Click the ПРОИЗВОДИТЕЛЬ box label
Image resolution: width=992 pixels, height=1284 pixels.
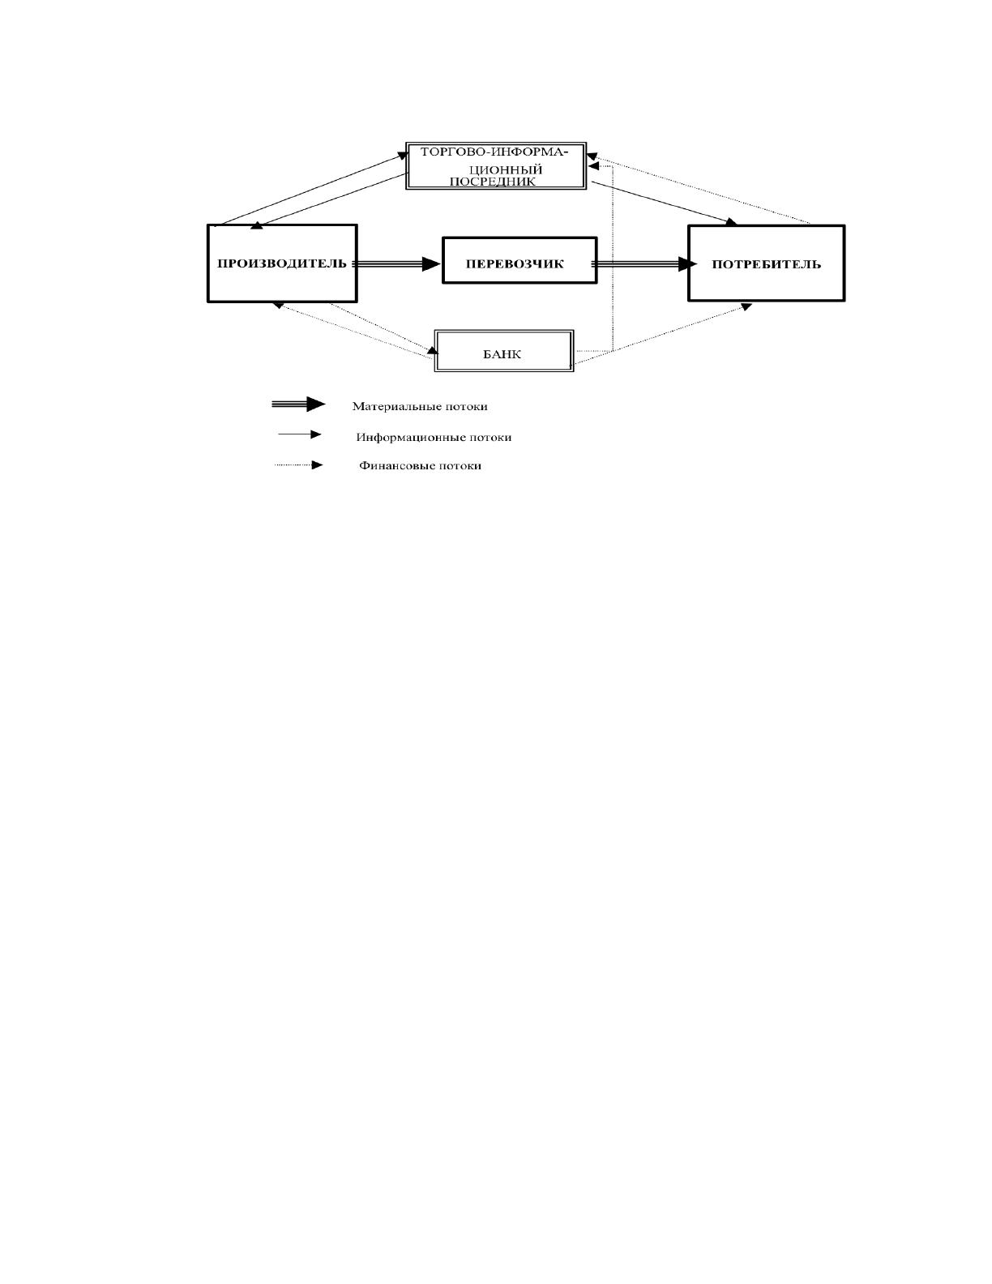coord(282,263)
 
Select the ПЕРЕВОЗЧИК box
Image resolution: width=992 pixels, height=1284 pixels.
coord(520,260)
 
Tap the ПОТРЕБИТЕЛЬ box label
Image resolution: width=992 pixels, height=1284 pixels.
coord(767,264)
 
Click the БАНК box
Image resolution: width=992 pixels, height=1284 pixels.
coord(504,350)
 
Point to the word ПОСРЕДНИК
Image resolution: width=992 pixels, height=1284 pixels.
coord(493,182)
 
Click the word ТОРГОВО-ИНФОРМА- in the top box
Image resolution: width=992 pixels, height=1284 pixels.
coord(494,152)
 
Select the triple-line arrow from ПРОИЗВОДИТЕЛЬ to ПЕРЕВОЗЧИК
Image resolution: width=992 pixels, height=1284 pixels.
coord(397,264)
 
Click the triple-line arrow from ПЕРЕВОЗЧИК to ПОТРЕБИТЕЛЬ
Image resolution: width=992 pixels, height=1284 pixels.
coord(644,264)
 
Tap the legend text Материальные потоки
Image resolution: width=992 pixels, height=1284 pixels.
coord(420,407)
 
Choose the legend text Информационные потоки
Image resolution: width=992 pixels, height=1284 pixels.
coord(434,438)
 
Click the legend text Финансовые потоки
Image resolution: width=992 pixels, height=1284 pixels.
coord(420,465)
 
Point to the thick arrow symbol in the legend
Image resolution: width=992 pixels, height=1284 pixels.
coord(298,404)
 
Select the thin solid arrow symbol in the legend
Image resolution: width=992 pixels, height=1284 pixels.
coord(300,434)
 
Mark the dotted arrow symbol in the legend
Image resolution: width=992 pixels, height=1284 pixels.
coord(299,465)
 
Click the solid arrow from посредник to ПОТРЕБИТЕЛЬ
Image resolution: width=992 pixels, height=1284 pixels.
coord(664,203)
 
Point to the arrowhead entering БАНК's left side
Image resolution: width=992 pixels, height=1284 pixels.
coord(433,350)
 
